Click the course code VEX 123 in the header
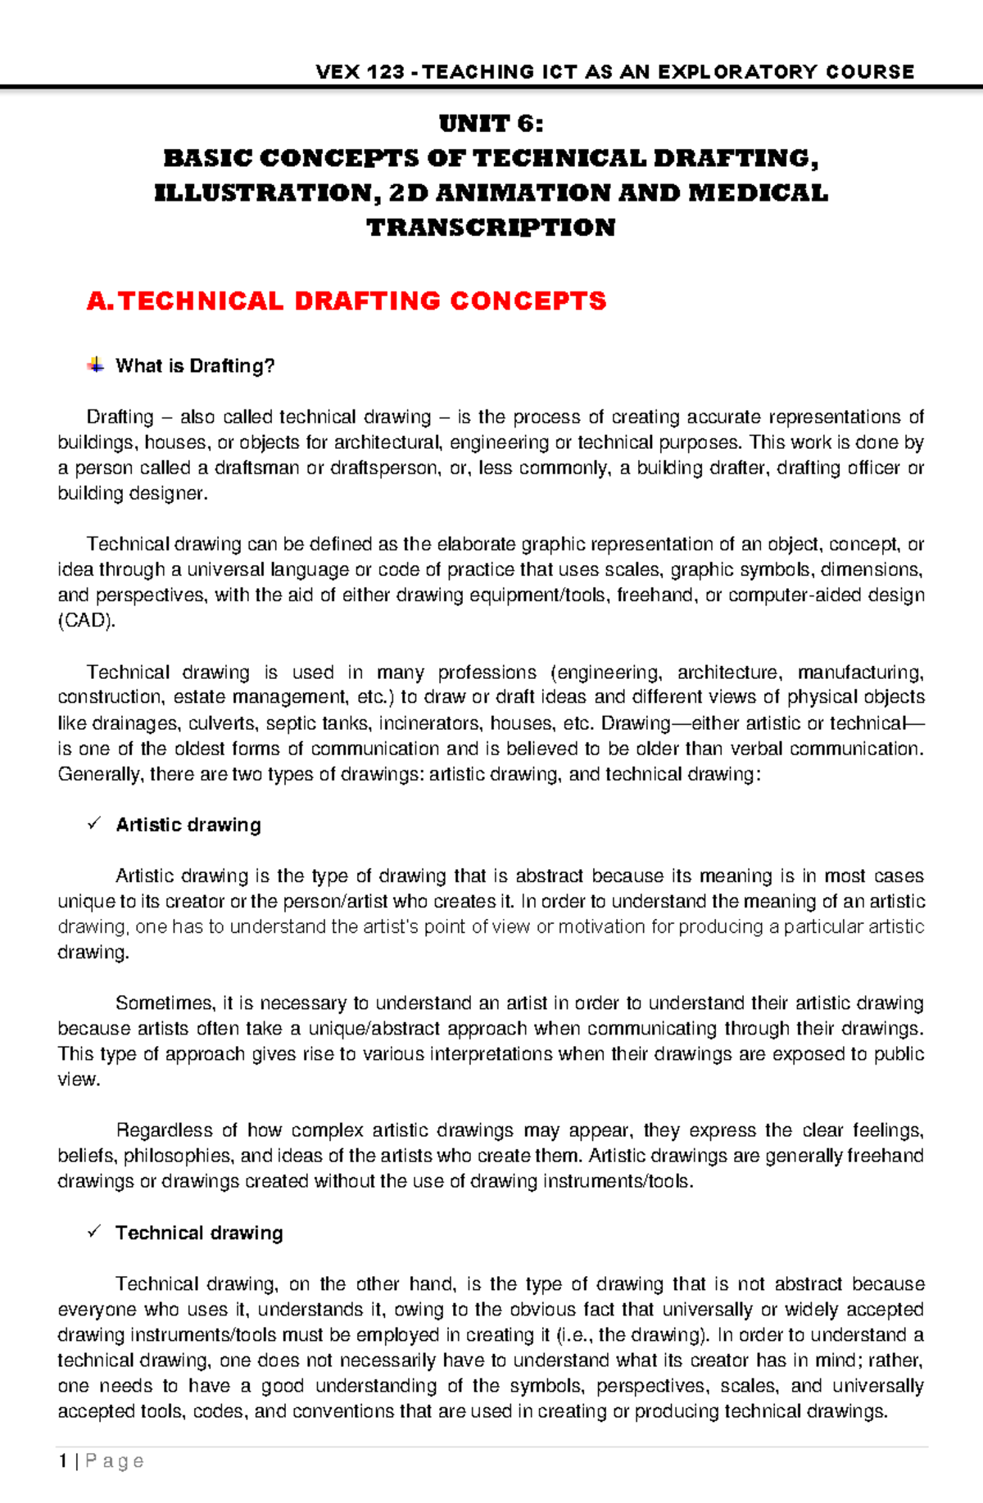(360, 72)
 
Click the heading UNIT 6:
(491, 124)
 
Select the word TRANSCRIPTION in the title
(491, 228)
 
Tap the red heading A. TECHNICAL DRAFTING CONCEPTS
(347, 301)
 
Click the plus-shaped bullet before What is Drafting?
(95, 365)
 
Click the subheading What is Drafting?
(195, 366)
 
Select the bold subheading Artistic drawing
(188, 825)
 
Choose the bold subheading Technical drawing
(199, 1233)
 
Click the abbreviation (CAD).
(86, 621)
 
